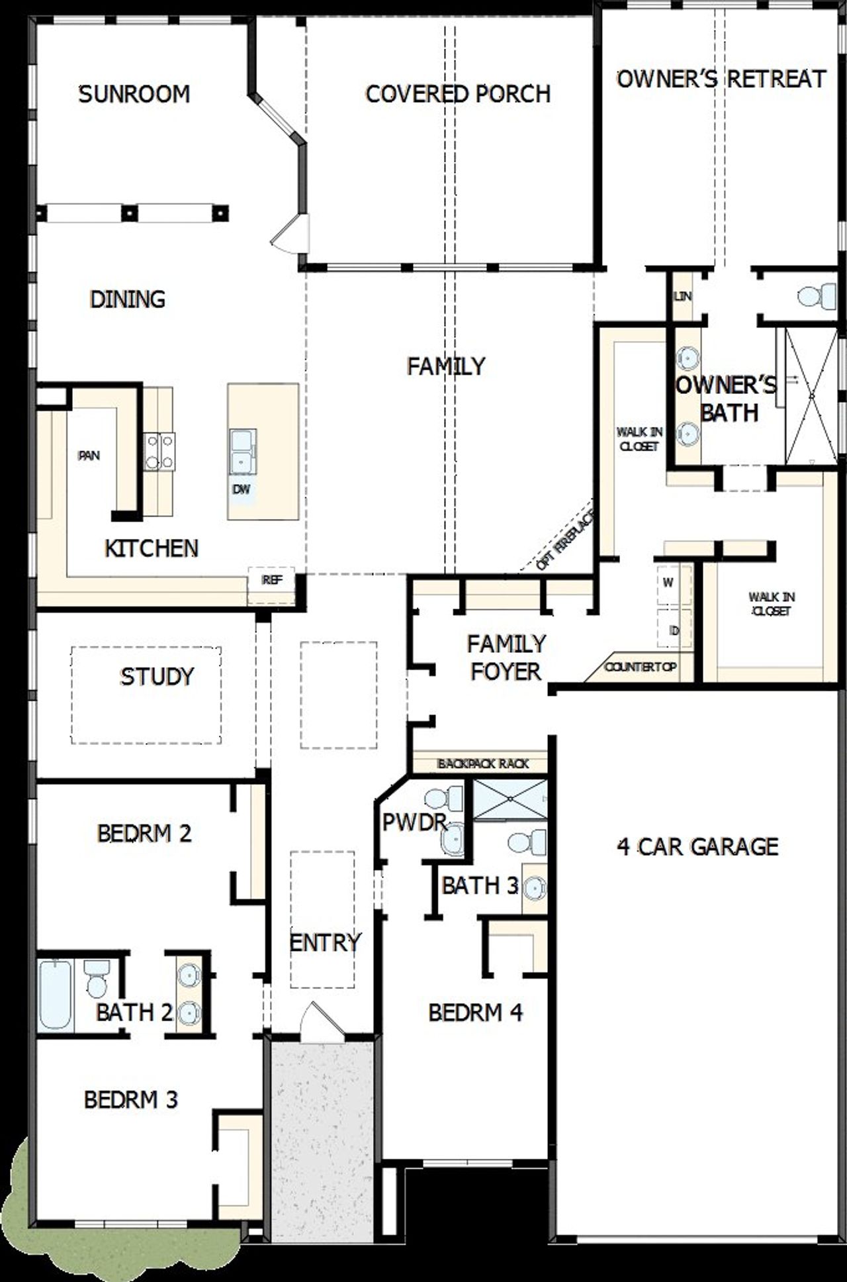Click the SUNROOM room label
(x=134, y=94)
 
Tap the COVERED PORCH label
(x=458, y=94)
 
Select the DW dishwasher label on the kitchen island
(x=242, y=489)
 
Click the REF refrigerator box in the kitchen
(x=272, y=581)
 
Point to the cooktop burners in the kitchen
(x=159, y=451)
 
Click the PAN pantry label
(x=89, y=456)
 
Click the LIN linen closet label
(x=682, y=296)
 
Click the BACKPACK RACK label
(x=483, y=764)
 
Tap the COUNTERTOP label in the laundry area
(x=640, y=666)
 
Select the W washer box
(x=668, y=583)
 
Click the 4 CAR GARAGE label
(x=697, y=846)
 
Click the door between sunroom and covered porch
(x=292, y=234)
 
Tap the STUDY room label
(x=157, y=676)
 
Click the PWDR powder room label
(x=414, y=822)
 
